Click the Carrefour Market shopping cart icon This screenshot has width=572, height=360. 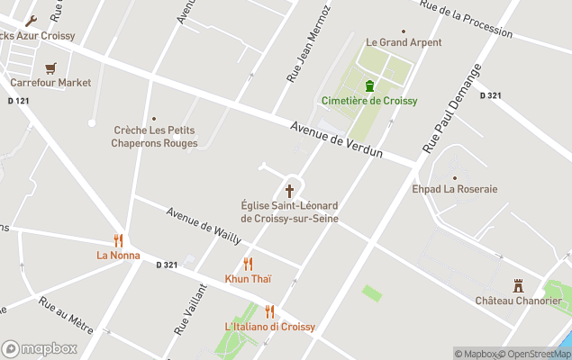coord(50,67)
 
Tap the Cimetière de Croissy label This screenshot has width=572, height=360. coord(369,101)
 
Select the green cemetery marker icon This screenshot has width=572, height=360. coord(369,85)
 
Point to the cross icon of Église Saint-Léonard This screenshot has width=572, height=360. coord(289,191)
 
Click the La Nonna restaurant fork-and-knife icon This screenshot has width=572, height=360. coord(118,240)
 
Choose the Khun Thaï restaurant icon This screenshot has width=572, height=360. coord(248,264)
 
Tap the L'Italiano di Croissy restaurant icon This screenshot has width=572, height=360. coord(269,311)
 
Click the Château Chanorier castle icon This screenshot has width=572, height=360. coord(518,285)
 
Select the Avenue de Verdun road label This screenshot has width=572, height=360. coord(337,139)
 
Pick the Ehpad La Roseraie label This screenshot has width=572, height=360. coord(455,190)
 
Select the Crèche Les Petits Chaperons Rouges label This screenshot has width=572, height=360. coord(154,136)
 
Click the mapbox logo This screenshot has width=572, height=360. coord(40,348)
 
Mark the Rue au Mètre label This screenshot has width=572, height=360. coord(66,315)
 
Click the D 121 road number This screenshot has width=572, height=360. coord(18,100)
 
